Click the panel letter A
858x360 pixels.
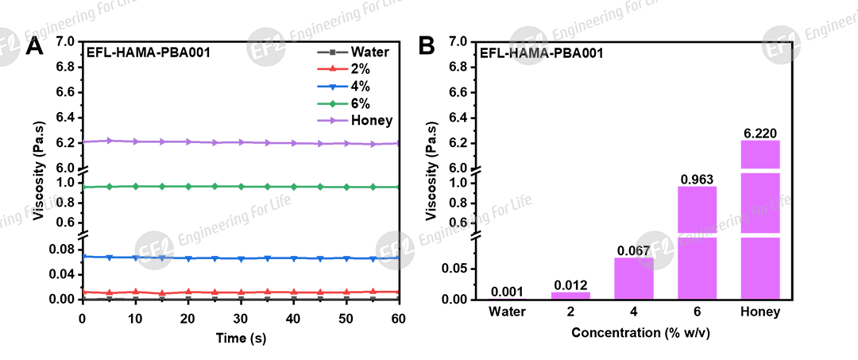click(x=33, y=46)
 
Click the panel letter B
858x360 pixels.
click(x=426, y=46)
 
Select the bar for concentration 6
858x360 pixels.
click(x=698, y=242)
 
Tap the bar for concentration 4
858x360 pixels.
click(x=634, y=277)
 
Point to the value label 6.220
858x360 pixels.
click(x=759, y=133)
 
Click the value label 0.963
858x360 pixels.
click(x=698, y=180)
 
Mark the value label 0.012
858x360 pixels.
click(x=570, y=285)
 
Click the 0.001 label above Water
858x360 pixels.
click(x=508, y=292)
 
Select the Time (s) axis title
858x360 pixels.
click(x=240, y=338)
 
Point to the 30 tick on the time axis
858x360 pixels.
click(x=240, y=318)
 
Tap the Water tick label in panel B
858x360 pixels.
click(x=508, y=312)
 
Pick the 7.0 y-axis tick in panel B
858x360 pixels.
click(x=457, y=41)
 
